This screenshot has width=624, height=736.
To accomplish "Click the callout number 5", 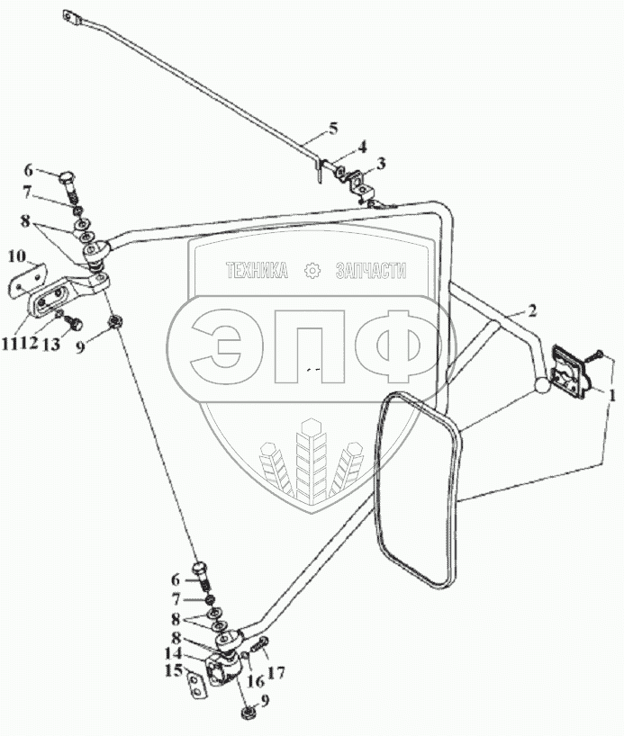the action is [333, 129].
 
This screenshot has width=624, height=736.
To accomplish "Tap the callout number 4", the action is [362, 146].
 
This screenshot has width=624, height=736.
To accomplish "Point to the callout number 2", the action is [532, 311].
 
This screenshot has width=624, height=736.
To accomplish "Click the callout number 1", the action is [612, 394].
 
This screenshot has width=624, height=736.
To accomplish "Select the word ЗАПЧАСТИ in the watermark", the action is [370, 271].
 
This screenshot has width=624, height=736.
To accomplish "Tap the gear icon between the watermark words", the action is [312, 270].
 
